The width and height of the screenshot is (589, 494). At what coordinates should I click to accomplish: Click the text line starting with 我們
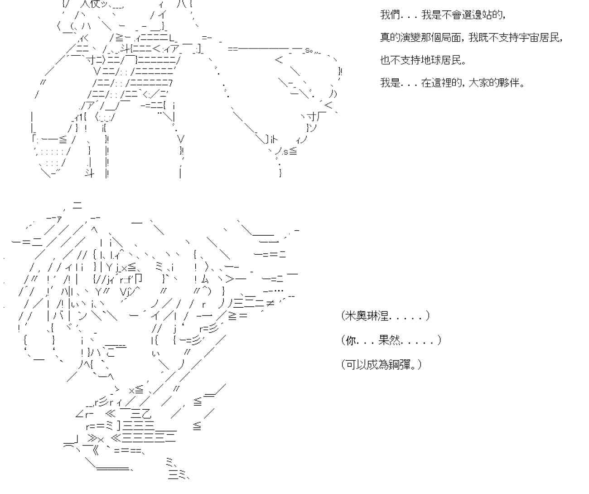point(443,15)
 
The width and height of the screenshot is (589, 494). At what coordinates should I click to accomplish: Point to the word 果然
point(388,340)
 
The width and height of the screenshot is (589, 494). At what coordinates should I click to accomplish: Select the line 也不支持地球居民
point(423,60)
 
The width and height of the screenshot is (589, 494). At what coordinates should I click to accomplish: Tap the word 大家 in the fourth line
point(478,83)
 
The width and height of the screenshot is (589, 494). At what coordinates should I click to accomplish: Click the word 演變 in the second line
point(410,37)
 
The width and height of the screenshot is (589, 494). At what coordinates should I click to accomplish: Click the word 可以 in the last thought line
point(357,365)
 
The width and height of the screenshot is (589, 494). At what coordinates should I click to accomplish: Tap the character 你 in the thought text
point(351,340)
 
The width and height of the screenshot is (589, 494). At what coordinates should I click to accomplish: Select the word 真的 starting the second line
point(390,37)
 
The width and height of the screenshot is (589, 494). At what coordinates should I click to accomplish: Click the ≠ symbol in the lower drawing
point(270,304)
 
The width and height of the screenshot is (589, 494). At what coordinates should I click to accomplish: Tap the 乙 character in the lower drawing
point(146,414)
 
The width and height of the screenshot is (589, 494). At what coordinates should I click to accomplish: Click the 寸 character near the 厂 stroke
point(312,116)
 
